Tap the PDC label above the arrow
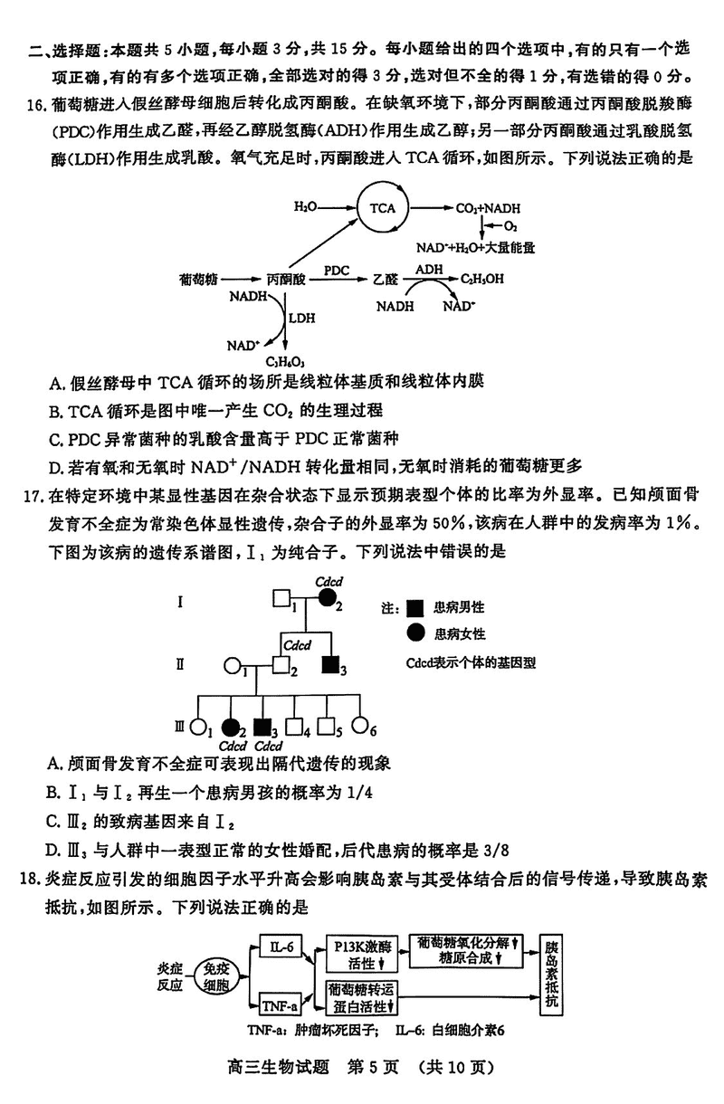click(x=336, y=271)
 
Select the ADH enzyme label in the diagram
click(x=428, y=270)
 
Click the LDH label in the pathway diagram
click(x=300, y=319)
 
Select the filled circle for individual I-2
click(x=328, y=600)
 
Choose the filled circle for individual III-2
click(x=232, y=726)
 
